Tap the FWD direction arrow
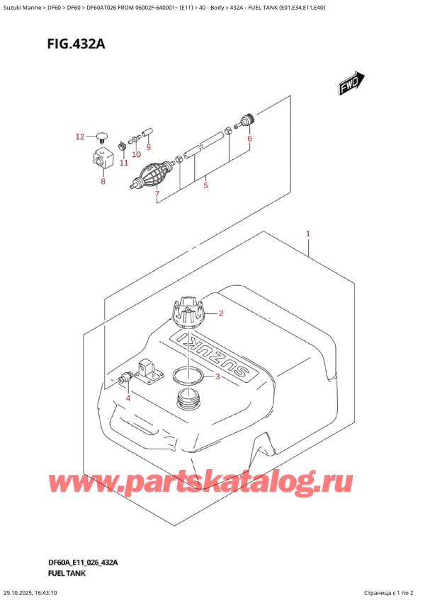click(351, 85)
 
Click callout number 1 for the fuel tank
click(308, 233)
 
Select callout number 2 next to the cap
click(221, 313)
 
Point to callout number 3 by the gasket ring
click(217, 376)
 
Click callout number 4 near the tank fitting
click(128, 398)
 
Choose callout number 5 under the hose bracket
click(205, 186)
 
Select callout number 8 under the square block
click(103, 182)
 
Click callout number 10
click(136, 154)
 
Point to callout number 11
click(123, 163)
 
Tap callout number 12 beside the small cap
click(79, 136)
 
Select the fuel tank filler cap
click(188, 311)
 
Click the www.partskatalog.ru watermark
click(200, 483)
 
